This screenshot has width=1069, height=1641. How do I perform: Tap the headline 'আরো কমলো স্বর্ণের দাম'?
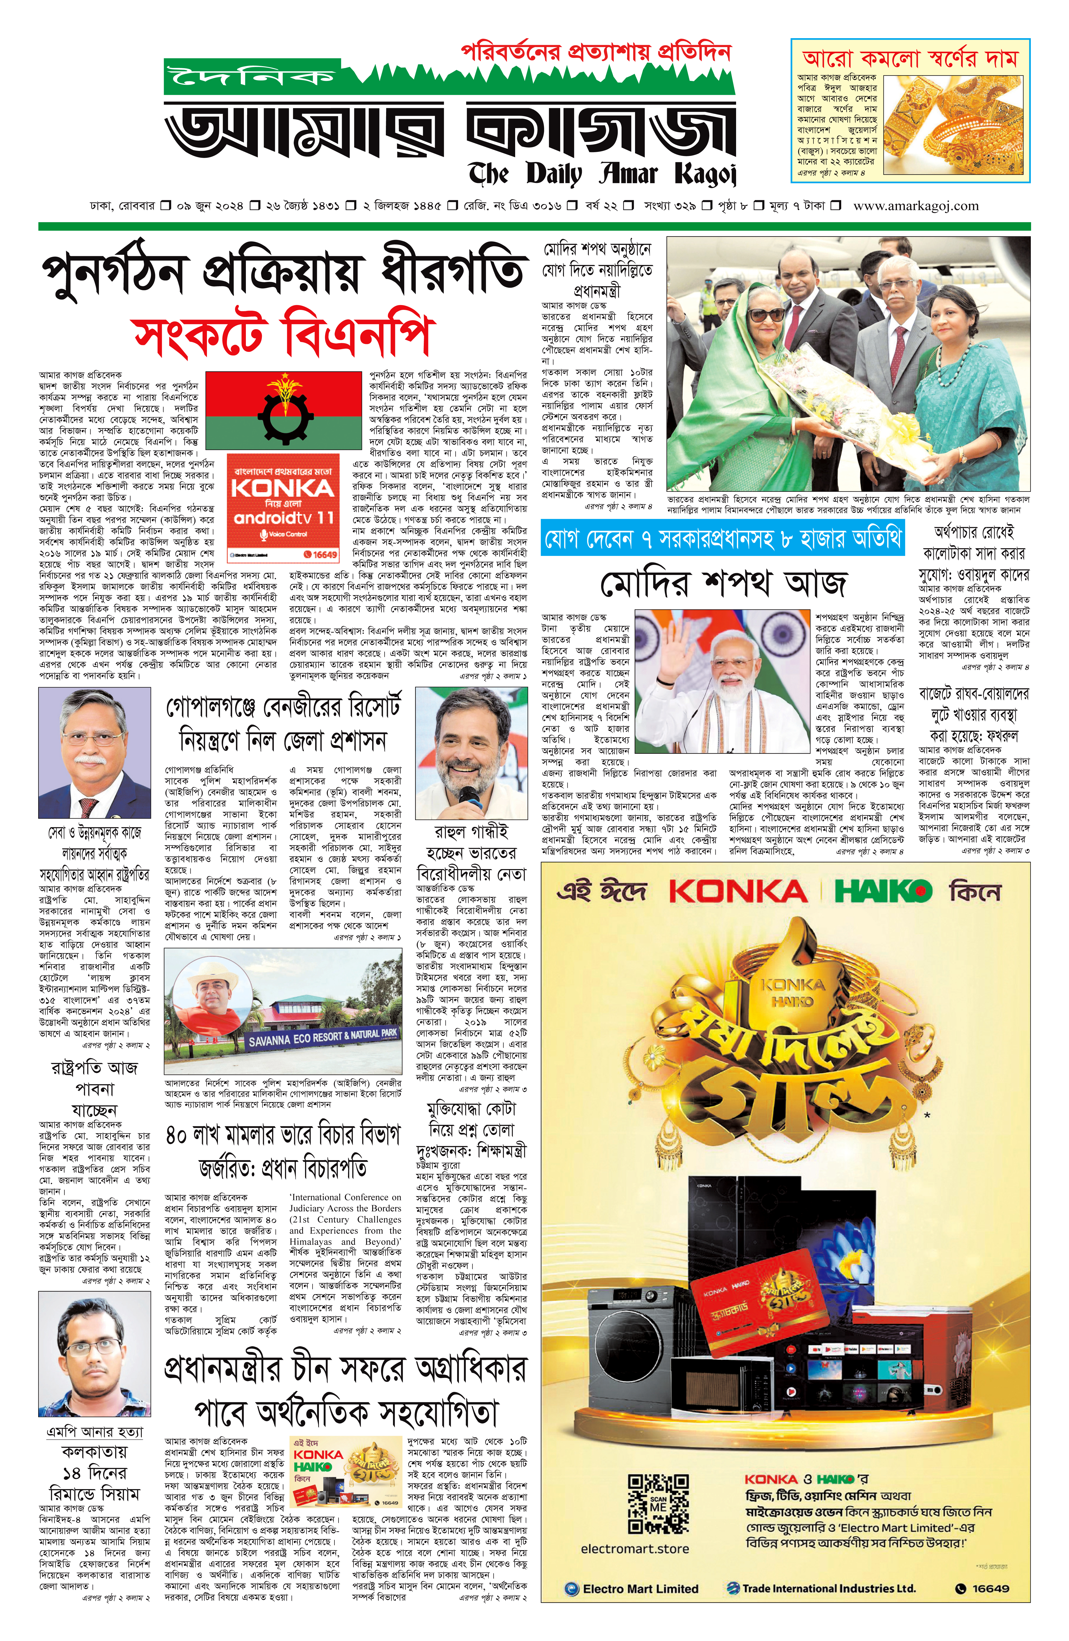[x=910, y=59]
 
